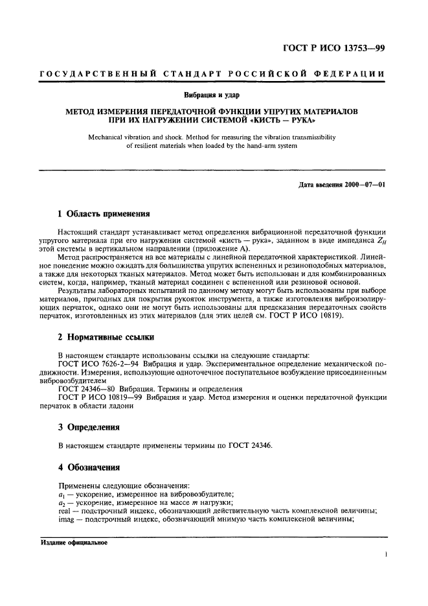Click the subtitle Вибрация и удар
click(214, 96)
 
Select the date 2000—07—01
click(365, 184)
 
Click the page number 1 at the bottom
click(385, 555)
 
